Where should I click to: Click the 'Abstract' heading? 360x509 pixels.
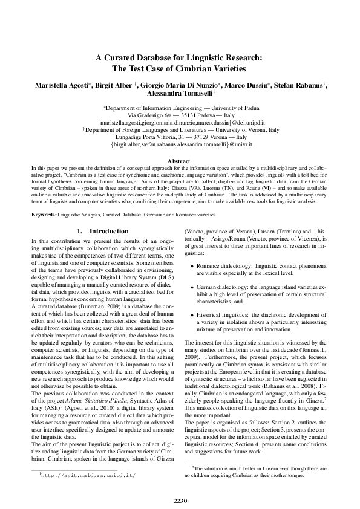coord(180,162)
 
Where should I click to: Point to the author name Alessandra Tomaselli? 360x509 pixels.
coord(179,94)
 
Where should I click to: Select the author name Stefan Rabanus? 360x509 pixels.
coord(303,86)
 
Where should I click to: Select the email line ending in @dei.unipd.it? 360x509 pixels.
coord(180,122)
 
